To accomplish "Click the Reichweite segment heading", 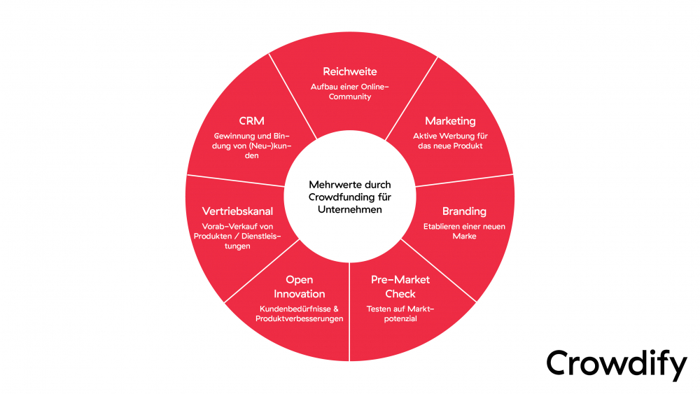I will (x=350, y=71).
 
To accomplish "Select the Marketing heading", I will (x=450, y=121).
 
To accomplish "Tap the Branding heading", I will (x=464, y=211).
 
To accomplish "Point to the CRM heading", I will (x=251, y=121).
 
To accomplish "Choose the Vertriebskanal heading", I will (x=237, y=211).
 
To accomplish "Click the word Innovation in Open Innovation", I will (x=300, y=294).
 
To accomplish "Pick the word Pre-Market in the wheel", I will (x=400, y=280).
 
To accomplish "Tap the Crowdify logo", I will (x=617, y=364).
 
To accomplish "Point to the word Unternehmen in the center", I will (x=350, y=210).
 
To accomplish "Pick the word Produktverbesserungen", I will (x=300, y=319).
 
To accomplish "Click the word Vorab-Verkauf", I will (x=225, y=225).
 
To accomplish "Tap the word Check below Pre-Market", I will (x=400, y=294).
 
